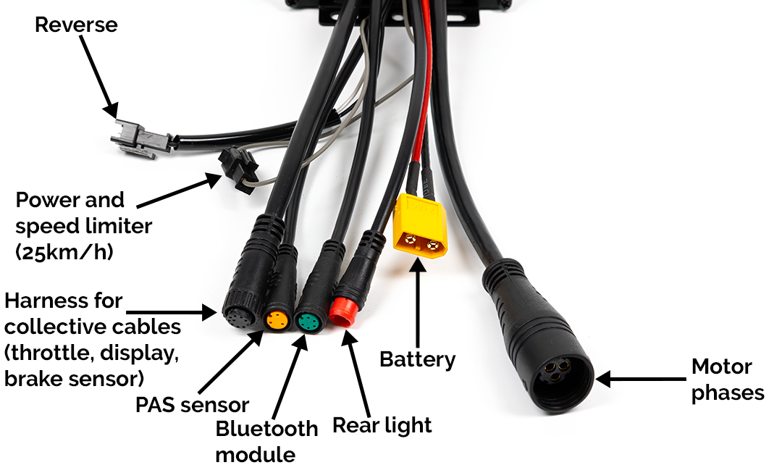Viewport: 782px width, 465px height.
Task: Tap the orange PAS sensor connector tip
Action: point(277,320)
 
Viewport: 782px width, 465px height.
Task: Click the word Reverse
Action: point(76,25)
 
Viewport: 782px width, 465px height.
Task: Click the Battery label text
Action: point(418,360)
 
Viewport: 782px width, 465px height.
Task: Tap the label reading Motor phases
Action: point(728,380)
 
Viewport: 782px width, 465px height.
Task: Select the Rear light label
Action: point(382,426)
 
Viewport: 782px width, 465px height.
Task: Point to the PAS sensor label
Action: point(192,405)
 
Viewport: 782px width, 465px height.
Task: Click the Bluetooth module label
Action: point(266,442)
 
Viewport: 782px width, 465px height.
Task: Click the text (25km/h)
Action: point(64,253)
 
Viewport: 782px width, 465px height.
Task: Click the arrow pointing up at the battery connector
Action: point(418,303)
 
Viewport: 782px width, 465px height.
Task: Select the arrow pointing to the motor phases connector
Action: point(640,379)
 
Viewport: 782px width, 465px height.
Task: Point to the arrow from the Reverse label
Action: point(98,77)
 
